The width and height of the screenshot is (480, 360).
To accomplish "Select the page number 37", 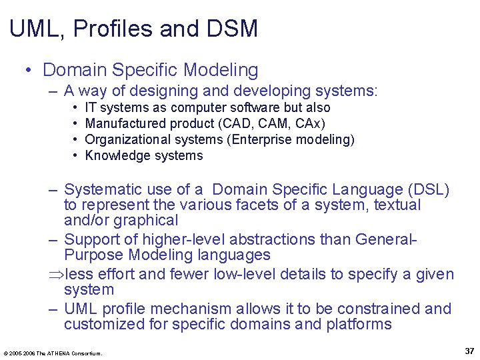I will click(x=469, y=351).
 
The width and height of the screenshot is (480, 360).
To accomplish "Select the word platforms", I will click(x=359, y=324).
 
